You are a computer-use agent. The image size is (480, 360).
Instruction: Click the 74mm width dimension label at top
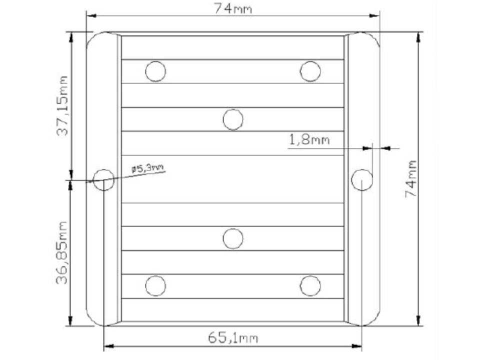[x=233, y=8]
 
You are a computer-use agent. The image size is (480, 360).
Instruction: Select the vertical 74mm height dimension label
[x=411, y=178]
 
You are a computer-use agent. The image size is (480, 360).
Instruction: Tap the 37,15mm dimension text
[x=61, y=105]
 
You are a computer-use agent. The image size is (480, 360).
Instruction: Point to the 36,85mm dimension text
[x=61, y=252]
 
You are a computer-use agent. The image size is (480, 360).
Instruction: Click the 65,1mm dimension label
[x=233, y=337]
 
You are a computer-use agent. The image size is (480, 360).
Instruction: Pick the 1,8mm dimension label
[x=309, y=139]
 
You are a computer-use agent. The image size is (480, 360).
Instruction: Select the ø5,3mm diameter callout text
[x=147, y=168]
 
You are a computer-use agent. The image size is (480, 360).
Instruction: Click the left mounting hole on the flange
[x=104, y=180]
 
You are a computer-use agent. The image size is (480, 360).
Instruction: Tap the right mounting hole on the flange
[x=362, y=179]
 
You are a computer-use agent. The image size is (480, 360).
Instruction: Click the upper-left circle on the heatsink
[x=155, y=71]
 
